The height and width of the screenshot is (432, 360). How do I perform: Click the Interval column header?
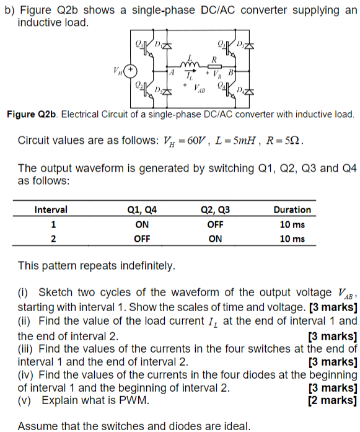pos(51,209)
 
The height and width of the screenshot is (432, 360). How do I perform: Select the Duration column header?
pos(292,209)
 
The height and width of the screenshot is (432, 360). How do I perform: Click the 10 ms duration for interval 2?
pos(292,239)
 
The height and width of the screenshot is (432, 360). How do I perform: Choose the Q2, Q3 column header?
pos(216,209)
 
